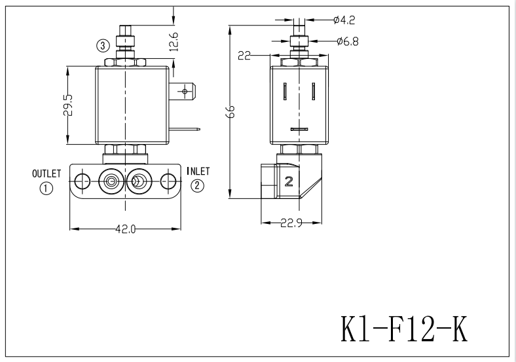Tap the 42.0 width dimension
point(125,229)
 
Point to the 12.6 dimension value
point(173,41)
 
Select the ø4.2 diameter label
point(344,20)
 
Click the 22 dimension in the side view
point(245,56)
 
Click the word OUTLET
point(46,173)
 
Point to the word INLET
point(198,172)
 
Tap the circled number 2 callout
point(197,186)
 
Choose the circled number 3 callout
point(103,45)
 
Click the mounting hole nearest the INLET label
point(168,181)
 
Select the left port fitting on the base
point(111,181)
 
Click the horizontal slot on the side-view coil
point(299,129)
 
